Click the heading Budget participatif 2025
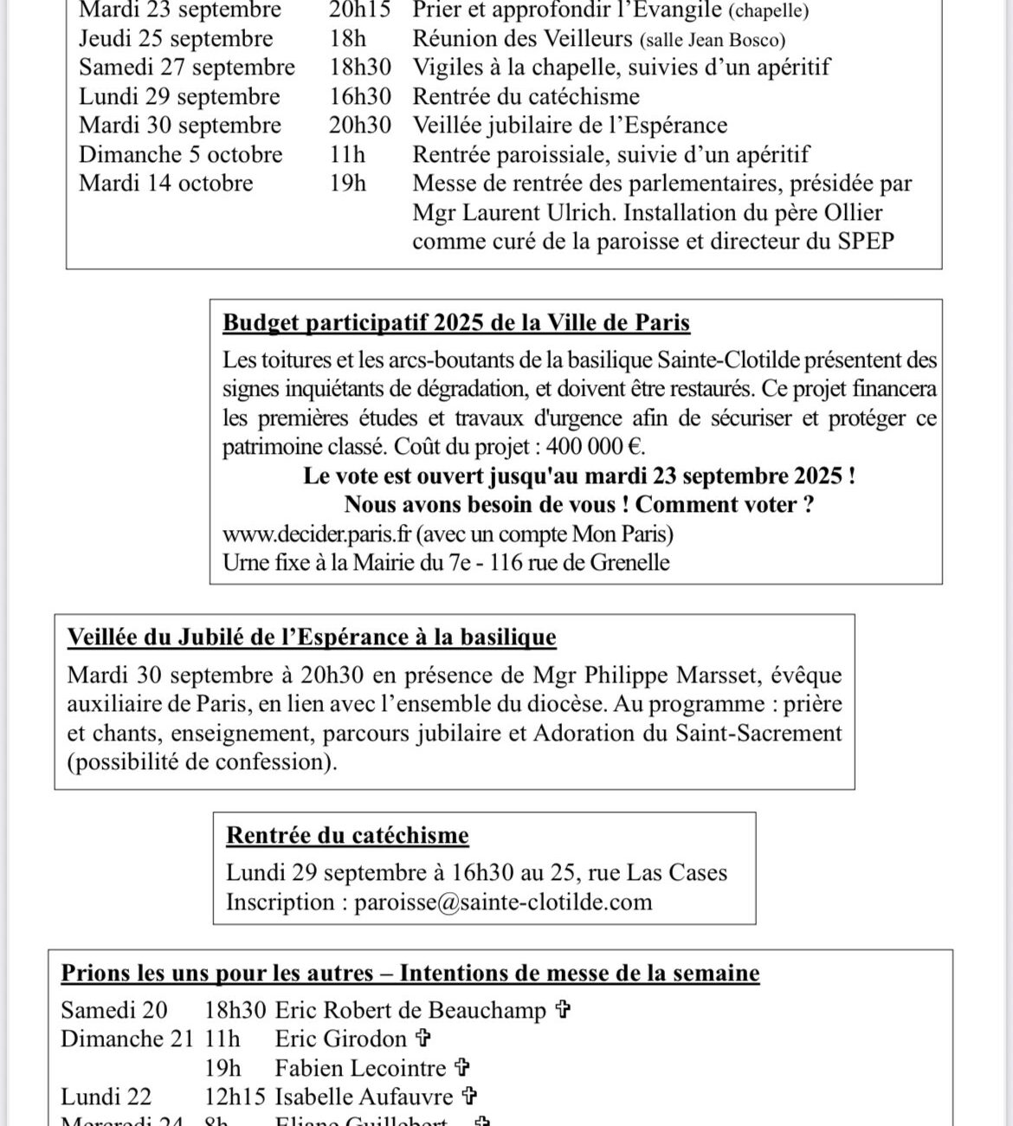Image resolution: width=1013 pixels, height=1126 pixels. point(456,322)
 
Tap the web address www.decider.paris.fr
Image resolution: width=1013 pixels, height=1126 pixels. point(316,533)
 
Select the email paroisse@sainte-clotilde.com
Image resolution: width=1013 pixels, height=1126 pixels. point(503,902)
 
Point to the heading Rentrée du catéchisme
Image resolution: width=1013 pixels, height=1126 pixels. point(347,835)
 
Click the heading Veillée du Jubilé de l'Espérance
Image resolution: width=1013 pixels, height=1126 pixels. point(312,637)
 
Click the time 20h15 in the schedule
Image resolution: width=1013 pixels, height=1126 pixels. point(359,10)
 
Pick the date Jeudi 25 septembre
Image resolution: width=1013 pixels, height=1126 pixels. point(176,39)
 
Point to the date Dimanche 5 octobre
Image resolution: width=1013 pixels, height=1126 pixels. point(181,154)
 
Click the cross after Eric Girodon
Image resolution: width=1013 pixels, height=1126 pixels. point(423,1038)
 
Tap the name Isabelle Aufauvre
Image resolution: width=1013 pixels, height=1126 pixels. point(364,1097)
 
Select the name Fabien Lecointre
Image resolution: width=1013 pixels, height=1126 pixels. point(360,1068)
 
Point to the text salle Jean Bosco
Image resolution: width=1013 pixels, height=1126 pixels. point(713,40)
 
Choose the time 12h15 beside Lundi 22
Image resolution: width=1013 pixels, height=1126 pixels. point(235,1097)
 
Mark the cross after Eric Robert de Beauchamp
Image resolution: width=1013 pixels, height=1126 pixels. point(563,1009)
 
